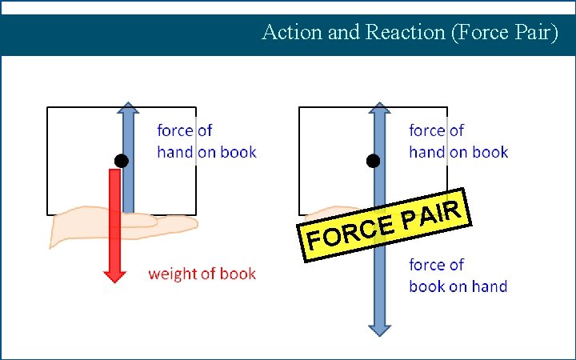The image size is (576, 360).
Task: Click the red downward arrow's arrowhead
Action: tap(115, 274)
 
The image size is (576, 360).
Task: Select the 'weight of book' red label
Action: tap(202, 274)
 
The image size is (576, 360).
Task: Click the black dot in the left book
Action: tap(121, 161)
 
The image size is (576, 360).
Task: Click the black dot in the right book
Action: tap(373, 161)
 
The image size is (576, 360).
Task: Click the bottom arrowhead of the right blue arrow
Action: tap(380, 328)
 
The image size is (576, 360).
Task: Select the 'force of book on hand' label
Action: tap(458, 275)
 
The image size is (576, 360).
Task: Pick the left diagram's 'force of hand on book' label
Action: tap(206, 141)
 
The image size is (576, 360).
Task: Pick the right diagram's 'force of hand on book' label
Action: tap(458, 141)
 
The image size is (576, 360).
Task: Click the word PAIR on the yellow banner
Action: tap(431, 214)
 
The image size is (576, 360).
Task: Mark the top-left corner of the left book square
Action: tap(48, 107)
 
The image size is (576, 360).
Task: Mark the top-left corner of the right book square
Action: tap(299, 107)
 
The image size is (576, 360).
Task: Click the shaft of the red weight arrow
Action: tap(115, 216)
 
